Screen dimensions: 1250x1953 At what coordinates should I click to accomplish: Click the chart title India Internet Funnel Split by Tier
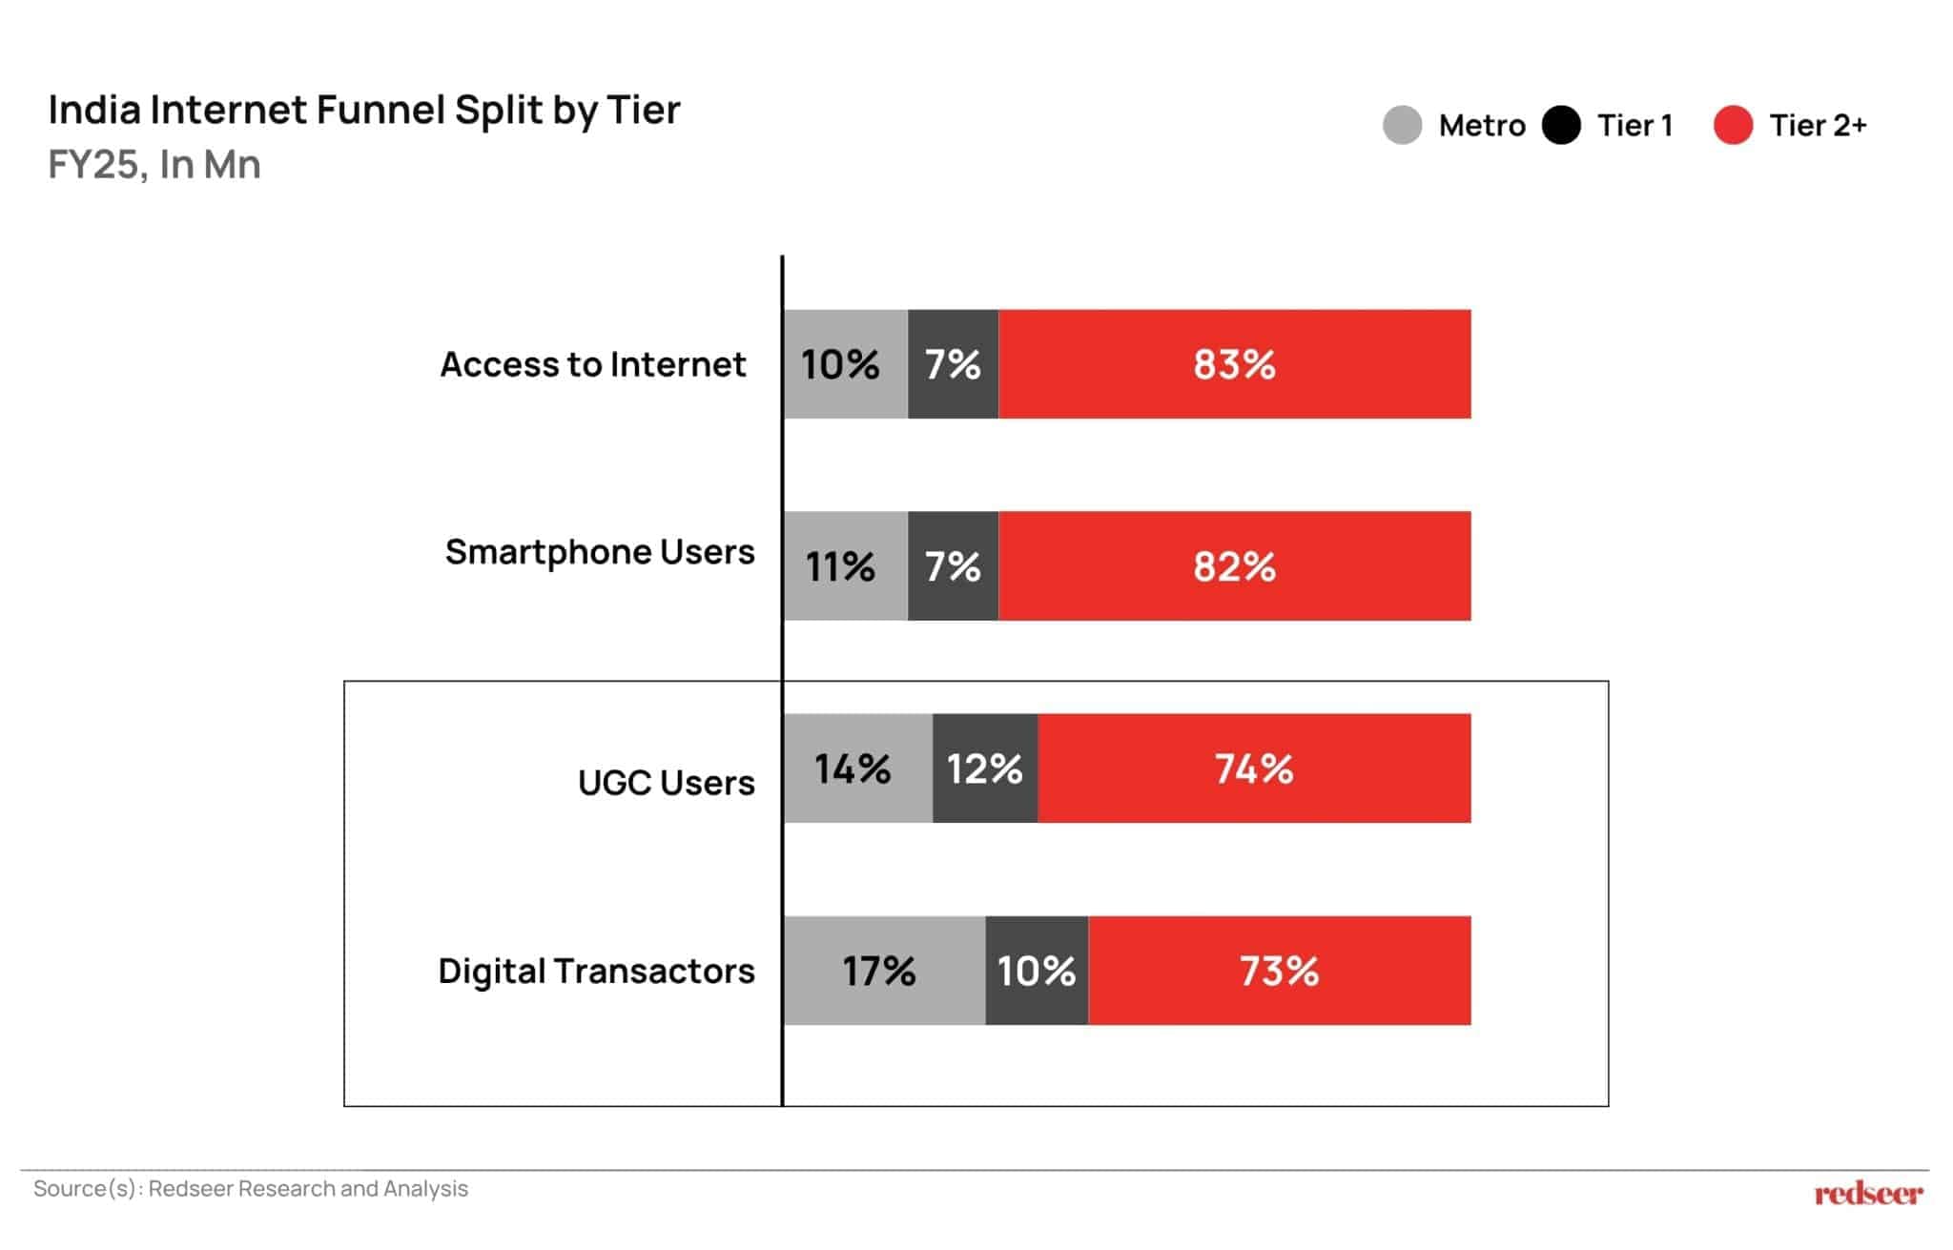(x=364, y=111)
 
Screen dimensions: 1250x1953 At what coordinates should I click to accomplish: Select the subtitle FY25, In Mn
(x=154, y=165)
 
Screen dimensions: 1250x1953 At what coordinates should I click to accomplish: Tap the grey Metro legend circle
(x=1402, y=125)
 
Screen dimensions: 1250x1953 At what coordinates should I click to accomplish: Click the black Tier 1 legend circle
(x=1561, y=125)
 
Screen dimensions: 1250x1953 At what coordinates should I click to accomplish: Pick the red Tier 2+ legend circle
(x=1732, y=125)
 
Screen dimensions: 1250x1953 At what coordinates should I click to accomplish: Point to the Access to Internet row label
(x=592, y=364)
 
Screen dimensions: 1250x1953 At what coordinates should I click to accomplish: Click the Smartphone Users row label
(x=599, y=552)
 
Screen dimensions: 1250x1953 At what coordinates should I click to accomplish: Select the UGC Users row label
(x=666, y=783)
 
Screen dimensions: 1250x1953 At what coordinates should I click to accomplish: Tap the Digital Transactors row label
(x=596, y=971)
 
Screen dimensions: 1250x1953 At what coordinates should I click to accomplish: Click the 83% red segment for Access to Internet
(x=1234, y=364)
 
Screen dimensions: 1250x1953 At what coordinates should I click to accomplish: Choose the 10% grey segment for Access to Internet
(x=845, y=364)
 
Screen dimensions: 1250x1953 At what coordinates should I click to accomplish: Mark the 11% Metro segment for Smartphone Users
(x=845, y=566)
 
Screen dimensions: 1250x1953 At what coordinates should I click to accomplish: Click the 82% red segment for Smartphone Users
(x=1234, y=566)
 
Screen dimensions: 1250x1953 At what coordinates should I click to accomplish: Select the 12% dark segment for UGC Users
(x=984, y=768)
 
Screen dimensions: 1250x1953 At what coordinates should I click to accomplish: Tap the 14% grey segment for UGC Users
(x=857, y=768)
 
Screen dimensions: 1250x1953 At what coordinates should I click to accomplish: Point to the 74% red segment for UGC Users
(x=1254, y=768)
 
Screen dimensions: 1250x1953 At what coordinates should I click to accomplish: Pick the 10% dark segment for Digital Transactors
(x=1037, y=971)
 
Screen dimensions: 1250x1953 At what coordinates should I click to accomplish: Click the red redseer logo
(x=1868, y=1193)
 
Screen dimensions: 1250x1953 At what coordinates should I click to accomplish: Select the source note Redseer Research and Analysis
(x=251, y=1189)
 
